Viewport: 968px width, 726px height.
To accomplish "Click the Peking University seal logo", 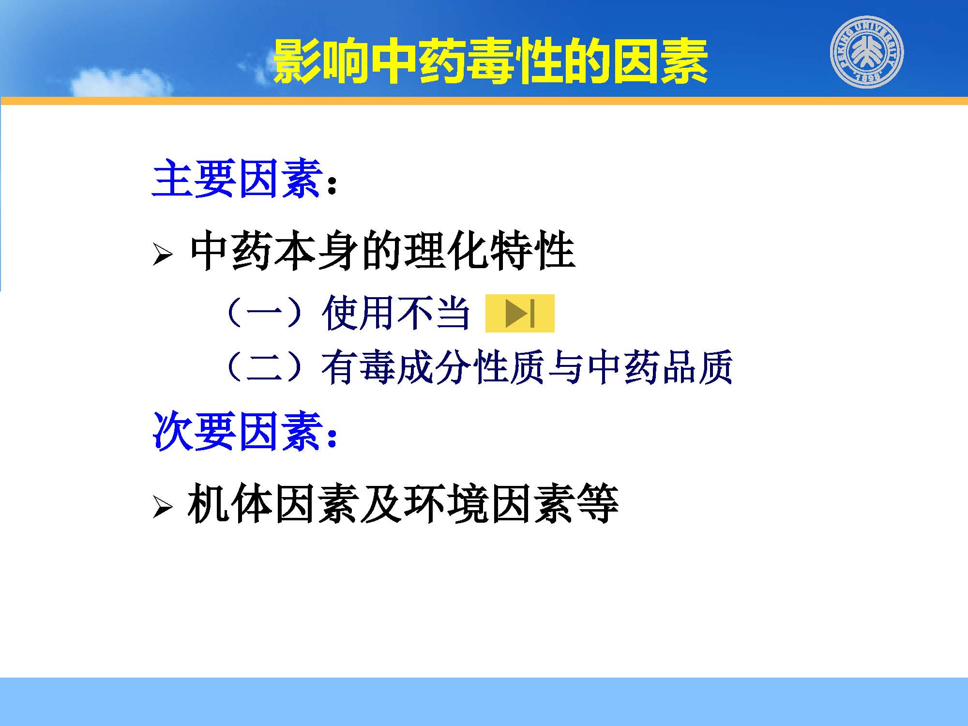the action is (867, 52).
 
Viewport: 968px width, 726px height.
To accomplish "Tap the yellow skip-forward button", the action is (520, 313).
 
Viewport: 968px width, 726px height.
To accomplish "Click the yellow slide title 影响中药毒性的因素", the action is (490, 61).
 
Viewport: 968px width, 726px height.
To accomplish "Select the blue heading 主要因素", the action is (238, 179).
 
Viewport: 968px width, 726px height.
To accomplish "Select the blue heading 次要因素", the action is (238, 431).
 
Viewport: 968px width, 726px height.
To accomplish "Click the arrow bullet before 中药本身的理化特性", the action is (163, 255).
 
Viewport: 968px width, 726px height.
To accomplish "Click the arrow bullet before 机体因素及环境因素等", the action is (163, 507).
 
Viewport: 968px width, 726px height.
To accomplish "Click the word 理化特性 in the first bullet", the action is (489, 252).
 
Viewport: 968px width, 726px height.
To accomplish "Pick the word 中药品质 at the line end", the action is (660, 367).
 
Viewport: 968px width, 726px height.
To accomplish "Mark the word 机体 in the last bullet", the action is (230, 504).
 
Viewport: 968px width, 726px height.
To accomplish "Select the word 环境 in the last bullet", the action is (446, 504).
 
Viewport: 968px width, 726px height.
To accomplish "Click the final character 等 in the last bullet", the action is (598, 504).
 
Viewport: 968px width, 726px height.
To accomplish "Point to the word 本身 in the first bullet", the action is (316, 252).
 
